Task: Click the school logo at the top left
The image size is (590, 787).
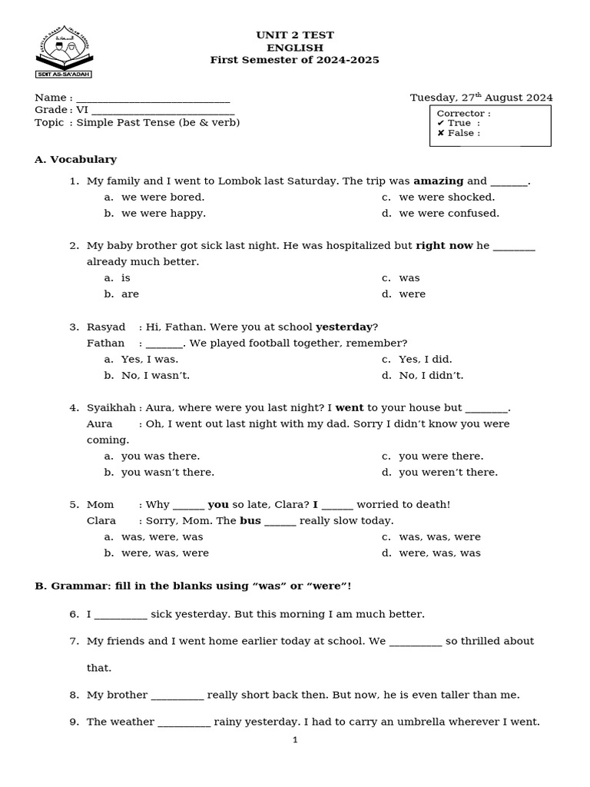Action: pyautogui.click(x=64, y=55)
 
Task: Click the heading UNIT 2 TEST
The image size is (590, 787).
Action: pyautogui.click(x=295, y=35)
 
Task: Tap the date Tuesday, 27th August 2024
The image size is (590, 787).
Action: pyautogui.click(x=481, y=98)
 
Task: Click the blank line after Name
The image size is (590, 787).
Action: pyautogui.click(x=153, y=98)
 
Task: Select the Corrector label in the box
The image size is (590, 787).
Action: pyautogui.click(x=463, y=114)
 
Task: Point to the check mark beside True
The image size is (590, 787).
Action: pyautogui.click(x=441, y=123)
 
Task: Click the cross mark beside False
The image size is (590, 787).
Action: pyautogui.click(x=441, y=133)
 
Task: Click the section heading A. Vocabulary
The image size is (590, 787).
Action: pyautogui.click(x=75, y=159)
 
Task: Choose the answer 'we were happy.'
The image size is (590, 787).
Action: pyautogui.click(x=163, y=214)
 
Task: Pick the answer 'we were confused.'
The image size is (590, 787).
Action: pyautogui.click(x=449, y=214)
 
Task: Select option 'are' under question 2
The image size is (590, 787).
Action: pyautogui.click(x=130, y=294)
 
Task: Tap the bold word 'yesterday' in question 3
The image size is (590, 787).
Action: pyautogui.click(x=344, y=327)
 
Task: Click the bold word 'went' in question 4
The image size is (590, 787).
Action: pyautogui.click(x=350, y=407)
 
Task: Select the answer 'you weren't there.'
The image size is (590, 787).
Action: pyautogui.click(x=448, y=473)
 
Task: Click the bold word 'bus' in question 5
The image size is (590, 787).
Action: pyautogui.click(x=250, y=521)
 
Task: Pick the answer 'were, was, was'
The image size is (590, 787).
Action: pyautogui.click(x=439, y=553)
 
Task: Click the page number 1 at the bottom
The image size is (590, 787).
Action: pyautogui.click(x=295, y=740)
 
